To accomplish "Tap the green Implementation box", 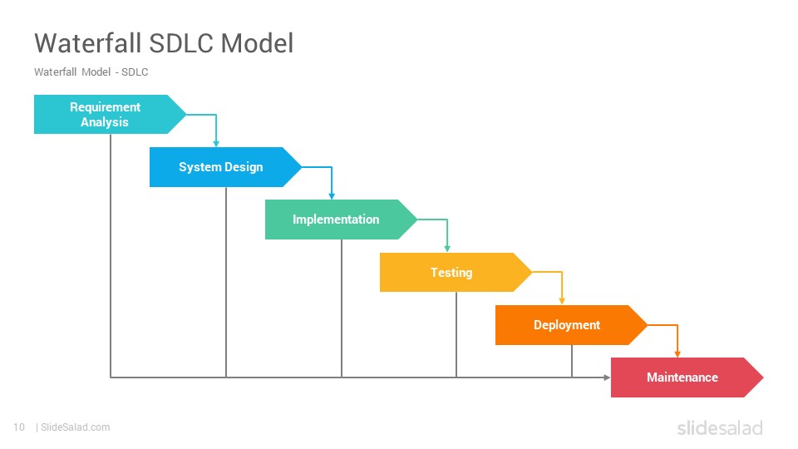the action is point(341,220).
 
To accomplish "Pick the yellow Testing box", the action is point(456,273).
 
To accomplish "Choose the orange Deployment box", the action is point(571,325).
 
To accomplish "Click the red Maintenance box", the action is point(687,377).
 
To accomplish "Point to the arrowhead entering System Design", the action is point(216,144).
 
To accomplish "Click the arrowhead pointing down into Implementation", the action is point(332,196).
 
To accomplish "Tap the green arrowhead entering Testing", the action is point(447,249).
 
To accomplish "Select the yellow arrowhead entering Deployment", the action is point(562,301).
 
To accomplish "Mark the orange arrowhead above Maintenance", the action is point(677,354).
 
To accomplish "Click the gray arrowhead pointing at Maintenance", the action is point(607,377).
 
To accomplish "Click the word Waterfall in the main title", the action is point(88,42).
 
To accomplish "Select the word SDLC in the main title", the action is point(180,42).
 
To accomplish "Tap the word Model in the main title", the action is point(257,42).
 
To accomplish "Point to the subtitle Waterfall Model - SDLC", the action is point(91,72).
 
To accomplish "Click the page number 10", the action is point(19,427).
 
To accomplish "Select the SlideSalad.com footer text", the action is point(76,427).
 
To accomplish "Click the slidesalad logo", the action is point(720,427).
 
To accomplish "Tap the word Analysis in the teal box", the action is point(105,122).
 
